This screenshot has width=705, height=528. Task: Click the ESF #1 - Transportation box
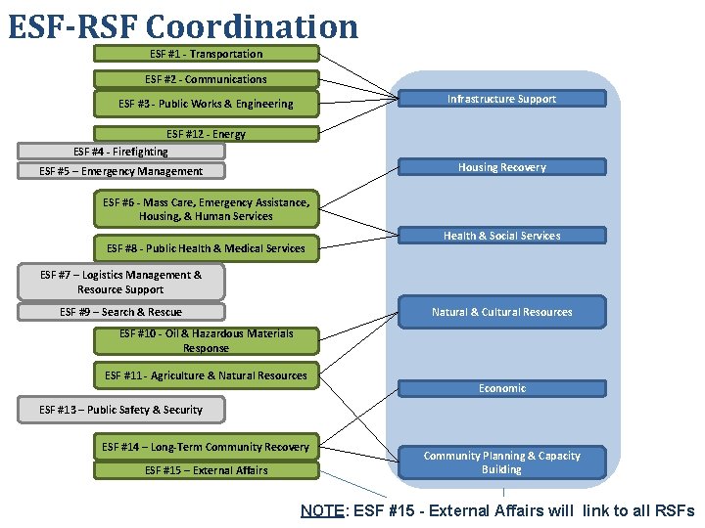tap(207, 54)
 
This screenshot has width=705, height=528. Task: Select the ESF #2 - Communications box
tap(207, 79)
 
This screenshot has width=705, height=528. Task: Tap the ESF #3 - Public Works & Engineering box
tap(207, 104)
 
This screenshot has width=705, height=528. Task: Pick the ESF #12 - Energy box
tap(207, 134)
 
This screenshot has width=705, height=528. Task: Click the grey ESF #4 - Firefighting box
tap(121, 152)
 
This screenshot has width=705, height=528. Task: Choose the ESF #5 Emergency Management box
tap(121, 171)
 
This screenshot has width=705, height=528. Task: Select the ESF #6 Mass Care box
tap(207, 209)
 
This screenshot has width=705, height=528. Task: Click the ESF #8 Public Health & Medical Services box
tap(207, 248)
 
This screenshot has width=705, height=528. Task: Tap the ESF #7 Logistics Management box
tap(121, 283)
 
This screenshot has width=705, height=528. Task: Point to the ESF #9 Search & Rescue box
tap(121, 312)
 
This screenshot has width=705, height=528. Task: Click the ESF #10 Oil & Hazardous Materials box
tap(207, 340)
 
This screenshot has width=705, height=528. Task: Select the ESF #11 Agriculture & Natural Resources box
tap(207, 375)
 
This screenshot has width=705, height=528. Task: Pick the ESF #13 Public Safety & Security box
tap(121, 410)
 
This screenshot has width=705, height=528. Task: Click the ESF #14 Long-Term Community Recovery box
tap(207, 447)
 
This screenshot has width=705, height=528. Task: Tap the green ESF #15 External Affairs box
tap(207, 470)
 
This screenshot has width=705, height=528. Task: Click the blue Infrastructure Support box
tap(501, 99)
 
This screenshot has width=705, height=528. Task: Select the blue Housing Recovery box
tap(501, 167)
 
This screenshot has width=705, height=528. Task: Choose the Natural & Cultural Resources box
tap(501, 312)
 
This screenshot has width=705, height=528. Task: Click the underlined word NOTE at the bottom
tap(321, 510)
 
